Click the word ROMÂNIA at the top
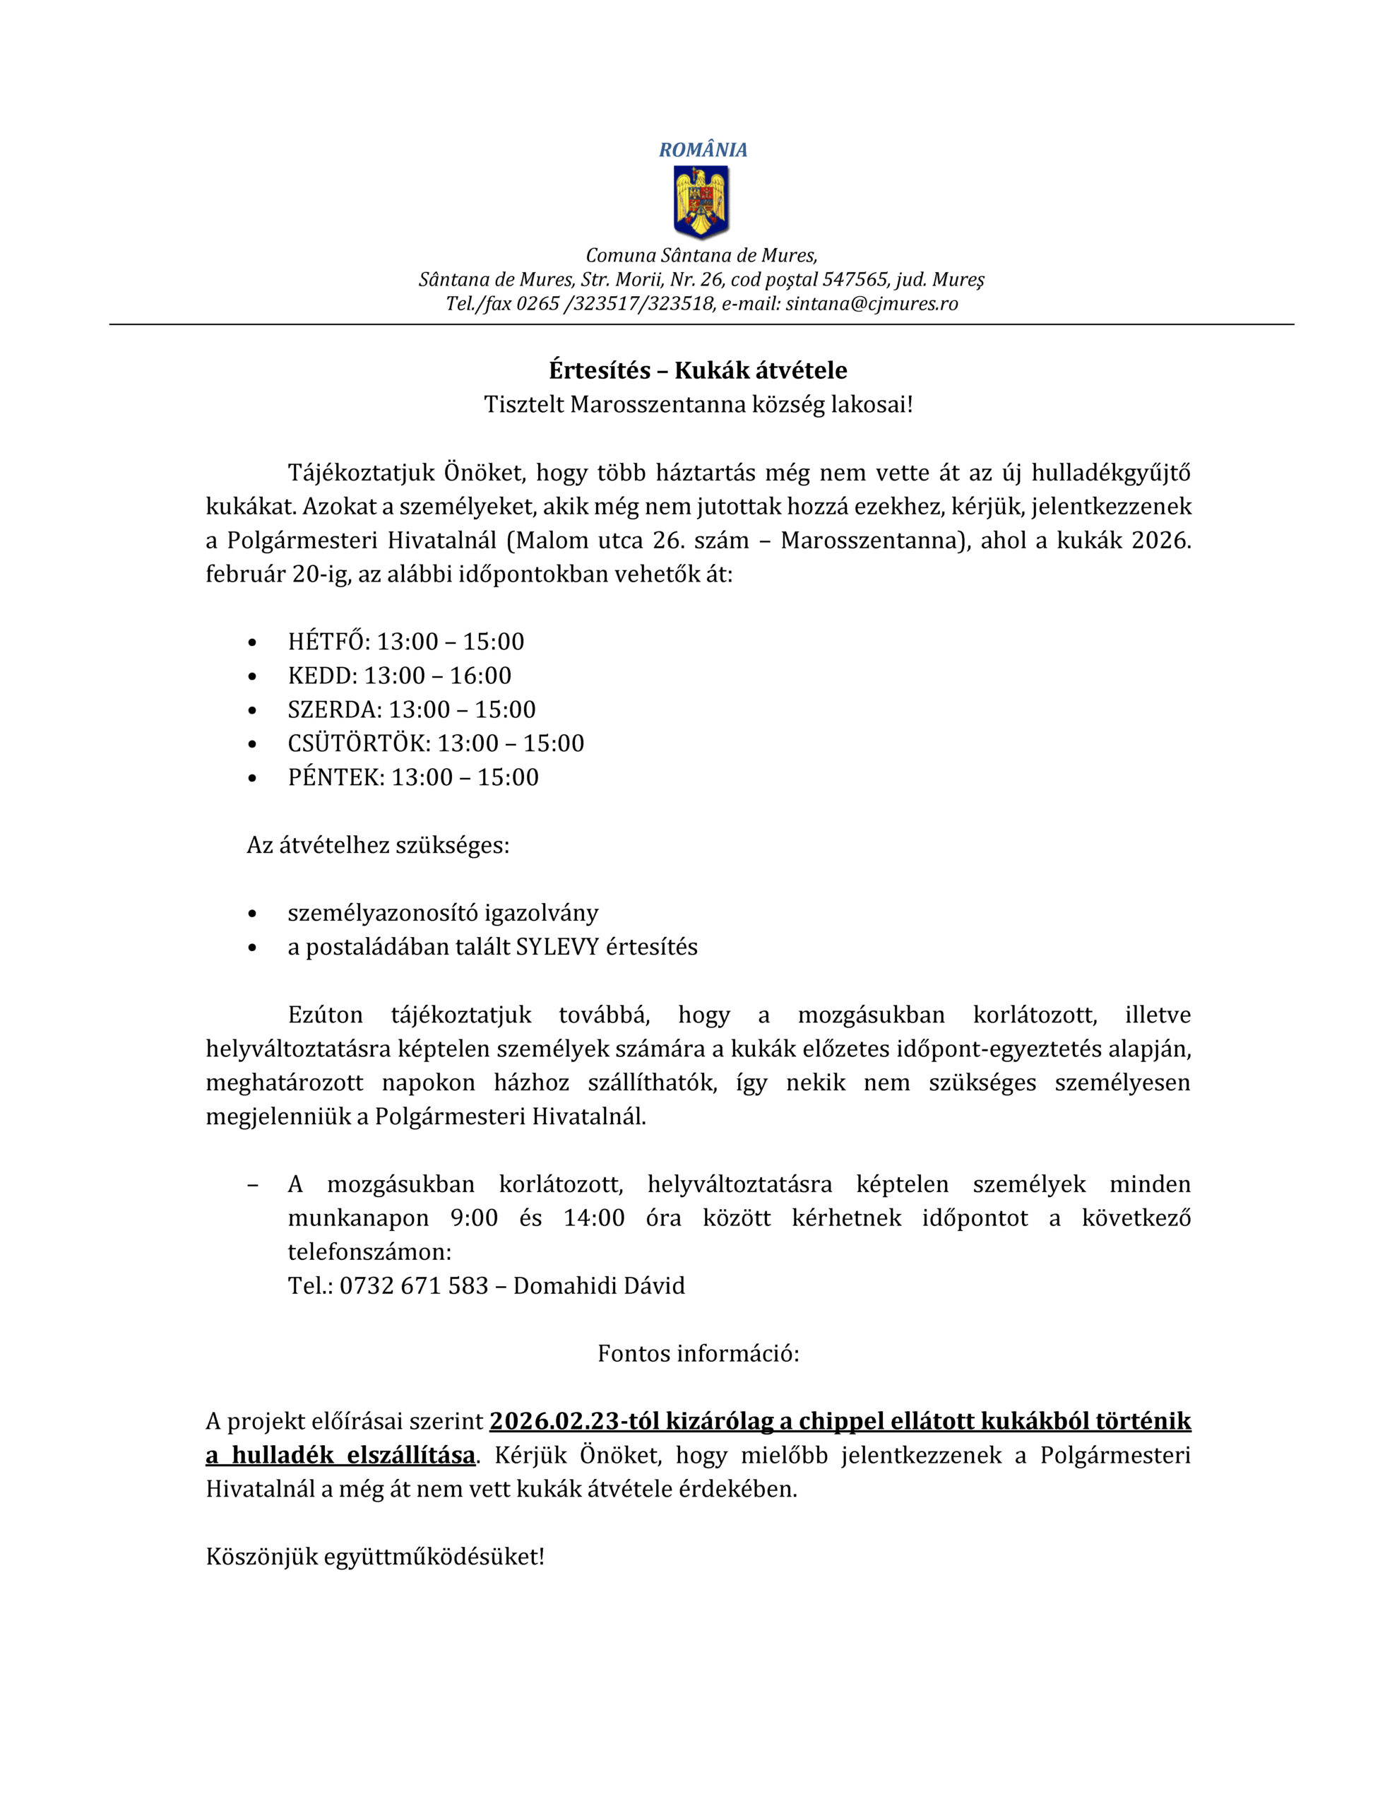(x=702, y=150)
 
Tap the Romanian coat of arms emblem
(x=701, y=201)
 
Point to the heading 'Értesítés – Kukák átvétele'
(x=697, y=370)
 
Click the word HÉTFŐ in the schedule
(x=328, y=642)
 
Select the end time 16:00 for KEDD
(x=480, y=676)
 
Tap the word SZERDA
(x=335, y=710)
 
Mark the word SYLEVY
(x=557, y=948)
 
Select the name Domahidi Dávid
(x=599, y=1286)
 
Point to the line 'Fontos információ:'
(x=698, y=1354)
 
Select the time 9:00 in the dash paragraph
(x=474, y=1218)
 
